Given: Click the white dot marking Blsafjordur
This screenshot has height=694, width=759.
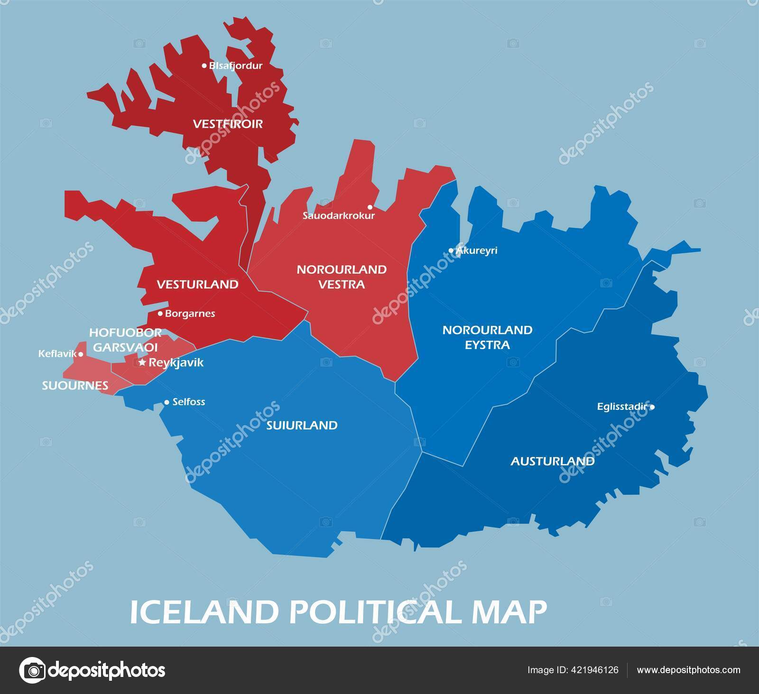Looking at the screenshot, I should (204, 65).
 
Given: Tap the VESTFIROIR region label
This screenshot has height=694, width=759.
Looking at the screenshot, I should (228, 124).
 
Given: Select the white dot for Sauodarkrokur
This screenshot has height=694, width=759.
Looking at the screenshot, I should (370, 207).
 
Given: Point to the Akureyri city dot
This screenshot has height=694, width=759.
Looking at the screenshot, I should (451, 250).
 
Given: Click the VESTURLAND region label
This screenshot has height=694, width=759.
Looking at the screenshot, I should (197, 284).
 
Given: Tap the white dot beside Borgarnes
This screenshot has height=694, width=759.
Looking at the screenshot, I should (160, 314).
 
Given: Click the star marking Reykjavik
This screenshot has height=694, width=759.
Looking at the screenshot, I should (142, 362).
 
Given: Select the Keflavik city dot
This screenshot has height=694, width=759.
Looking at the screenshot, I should (81, 354).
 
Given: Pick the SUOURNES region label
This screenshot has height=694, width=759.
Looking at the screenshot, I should (75, 386).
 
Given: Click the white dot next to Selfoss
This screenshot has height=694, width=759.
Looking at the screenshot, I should (167, 402).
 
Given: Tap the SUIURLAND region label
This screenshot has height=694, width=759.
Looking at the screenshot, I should (302, 425).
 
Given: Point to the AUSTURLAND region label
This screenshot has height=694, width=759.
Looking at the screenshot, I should (552, 461).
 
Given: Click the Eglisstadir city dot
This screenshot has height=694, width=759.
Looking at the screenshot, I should (652, 407).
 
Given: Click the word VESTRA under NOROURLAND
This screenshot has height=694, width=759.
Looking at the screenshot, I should (341, 285).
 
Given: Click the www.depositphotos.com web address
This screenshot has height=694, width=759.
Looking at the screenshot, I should (688, 670).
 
